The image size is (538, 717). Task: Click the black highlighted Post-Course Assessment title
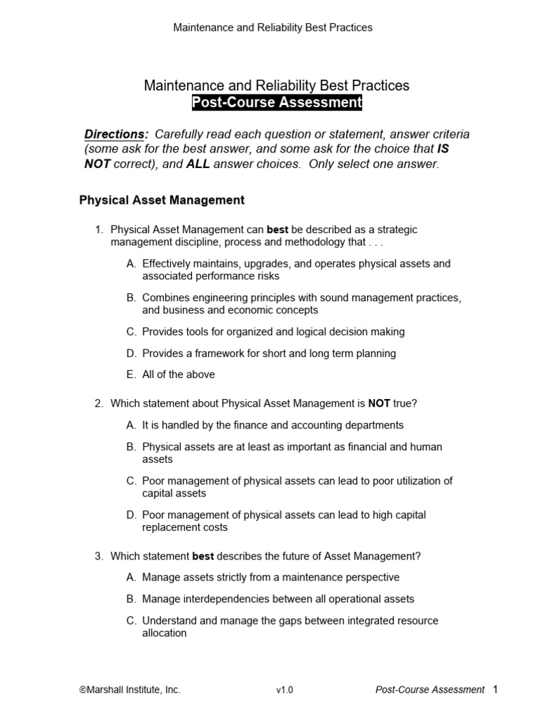[x=277, y=103]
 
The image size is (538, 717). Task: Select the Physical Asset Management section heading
[x=162, y=200]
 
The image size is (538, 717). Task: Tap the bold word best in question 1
[x=277, y=230]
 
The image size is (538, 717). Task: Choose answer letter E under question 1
[x=131, y=375]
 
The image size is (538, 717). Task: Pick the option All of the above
[x=178, y=375]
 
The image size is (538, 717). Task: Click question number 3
[x=99, y=557]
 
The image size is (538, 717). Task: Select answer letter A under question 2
[x=131, y=425]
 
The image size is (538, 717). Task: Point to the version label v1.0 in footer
[x=284, y=690]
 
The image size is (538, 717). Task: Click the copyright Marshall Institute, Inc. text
[x=130, y=690]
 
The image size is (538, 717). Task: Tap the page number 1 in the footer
[x=495, y=690]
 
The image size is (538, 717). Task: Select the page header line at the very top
[x=273, y=28]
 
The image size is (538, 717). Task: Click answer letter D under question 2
[x=131, y=515]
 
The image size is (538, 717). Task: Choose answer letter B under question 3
[x=131, y=599]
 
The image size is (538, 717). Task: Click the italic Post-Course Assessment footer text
[x=429, y=690]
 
